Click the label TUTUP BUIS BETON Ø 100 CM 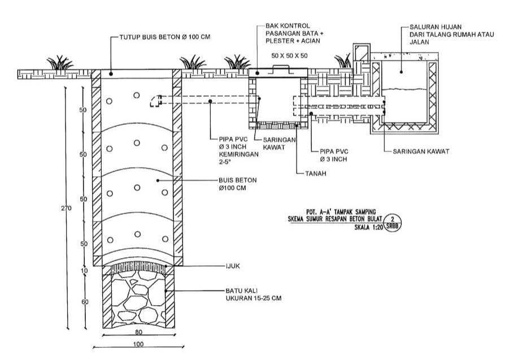click(164, 37)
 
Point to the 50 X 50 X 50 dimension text click(289, 55)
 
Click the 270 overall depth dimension click(66, 209)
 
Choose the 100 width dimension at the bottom click(138, 344)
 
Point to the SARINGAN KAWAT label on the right click(421, 151)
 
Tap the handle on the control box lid click(281, 67)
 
